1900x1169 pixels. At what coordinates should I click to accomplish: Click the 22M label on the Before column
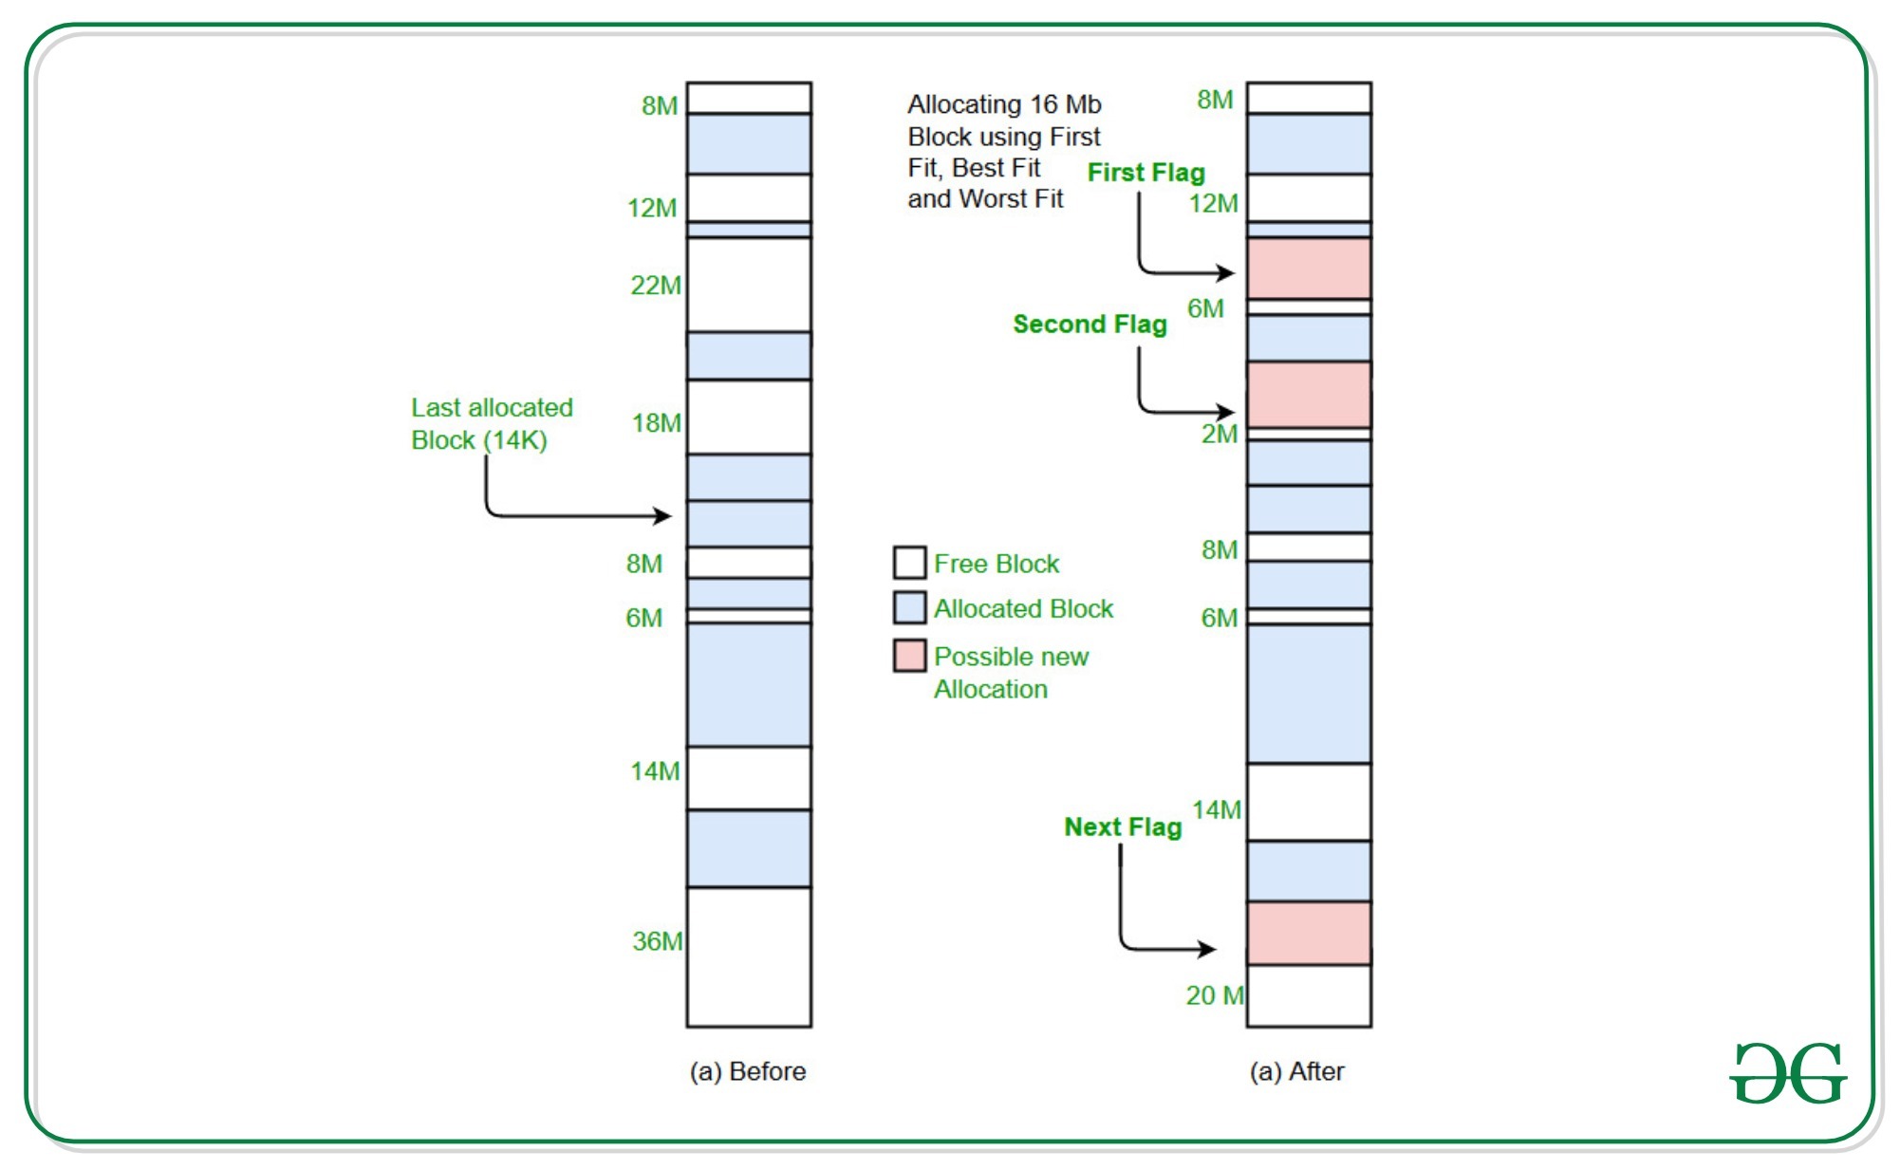click(656, 285)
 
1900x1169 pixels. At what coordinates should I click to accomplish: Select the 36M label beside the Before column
click(658, 941)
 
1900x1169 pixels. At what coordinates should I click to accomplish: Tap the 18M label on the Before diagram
click(657, 423)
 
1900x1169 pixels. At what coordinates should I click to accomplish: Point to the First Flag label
click(1146, 173)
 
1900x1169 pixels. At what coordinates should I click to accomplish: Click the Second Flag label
click(1090, 325)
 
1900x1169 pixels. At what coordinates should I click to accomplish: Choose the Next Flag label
click(1123, 827)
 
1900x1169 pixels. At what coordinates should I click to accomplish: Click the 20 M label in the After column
click(1215, 995)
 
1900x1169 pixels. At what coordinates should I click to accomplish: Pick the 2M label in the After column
click(1220, 435)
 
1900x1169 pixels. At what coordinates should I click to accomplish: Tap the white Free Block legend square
click(909, 563)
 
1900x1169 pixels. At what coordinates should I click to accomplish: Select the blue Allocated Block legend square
click(909, 608)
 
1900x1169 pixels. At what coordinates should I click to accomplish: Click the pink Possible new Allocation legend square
click(909, 656)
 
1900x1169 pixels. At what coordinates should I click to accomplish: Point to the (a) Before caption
click(748, 1071)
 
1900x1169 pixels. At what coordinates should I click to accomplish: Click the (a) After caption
click(1296, 1071)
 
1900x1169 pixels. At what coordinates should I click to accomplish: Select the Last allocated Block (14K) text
click(492, 424)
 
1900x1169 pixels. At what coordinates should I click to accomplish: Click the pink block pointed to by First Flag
click(1309, 269)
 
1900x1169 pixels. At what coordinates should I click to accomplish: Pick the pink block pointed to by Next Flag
click(1309, 934)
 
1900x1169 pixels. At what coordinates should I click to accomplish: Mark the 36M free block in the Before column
click(749, 956)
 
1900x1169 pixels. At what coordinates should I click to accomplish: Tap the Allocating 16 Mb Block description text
click(1003, 152)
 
